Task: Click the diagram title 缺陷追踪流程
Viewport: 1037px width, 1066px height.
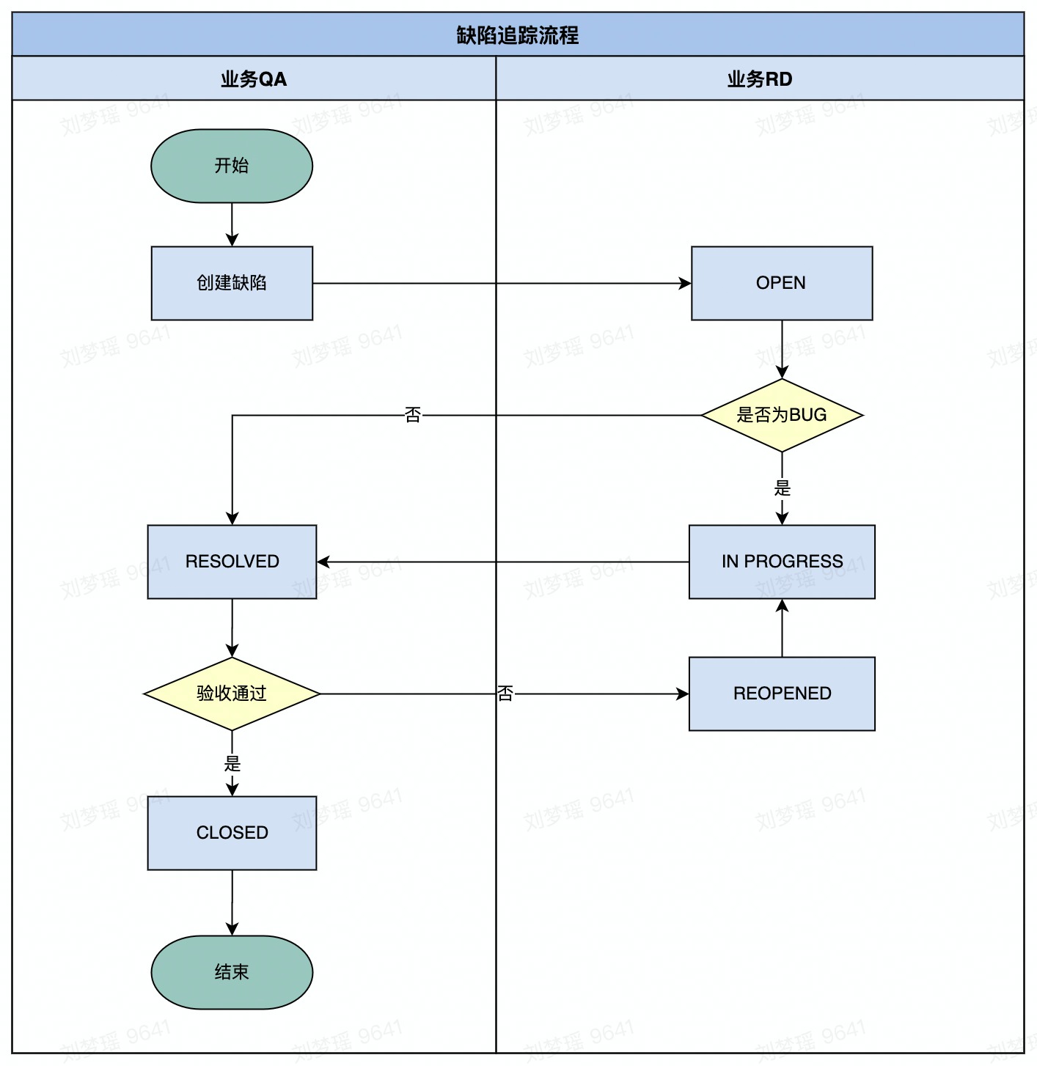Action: coord(518,35)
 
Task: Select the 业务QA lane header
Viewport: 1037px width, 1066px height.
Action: coord(254,78)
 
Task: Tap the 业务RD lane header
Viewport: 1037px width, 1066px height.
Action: coord(760,78)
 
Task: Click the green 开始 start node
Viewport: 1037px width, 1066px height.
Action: coord(232,166)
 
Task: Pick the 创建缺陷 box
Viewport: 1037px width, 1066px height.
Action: coord(232,283)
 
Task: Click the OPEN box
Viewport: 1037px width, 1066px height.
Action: coord(782,283)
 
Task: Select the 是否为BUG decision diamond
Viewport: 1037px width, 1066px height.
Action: coord(782,415)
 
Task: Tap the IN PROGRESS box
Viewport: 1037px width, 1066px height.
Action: coord(782,562)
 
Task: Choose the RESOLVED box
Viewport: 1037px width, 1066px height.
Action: coord(232,562)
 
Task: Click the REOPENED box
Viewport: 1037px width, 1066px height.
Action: coord(782,694)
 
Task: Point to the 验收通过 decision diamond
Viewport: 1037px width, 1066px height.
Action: coord(232,694)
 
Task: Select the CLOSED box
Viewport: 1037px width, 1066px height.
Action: coord(232,833)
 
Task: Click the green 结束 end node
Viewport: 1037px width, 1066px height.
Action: coord(232,972)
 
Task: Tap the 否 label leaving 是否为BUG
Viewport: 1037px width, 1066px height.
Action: coord(413,415)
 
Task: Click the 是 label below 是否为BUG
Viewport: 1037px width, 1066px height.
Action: coord(782,488)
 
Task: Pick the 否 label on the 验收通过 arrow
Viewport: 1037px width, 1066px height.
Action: coord(505,694)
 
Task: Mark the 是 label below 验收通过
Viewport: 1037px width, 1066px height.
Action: coord(232,764)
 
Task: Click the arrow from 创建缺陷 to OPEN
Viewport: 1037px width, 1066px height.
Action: coord(502,283)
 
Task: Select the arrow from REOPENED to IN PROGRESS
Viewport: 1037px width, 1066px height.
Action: coord(782,628)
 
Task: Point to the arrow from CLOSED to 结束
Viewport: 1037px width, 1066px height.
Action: coord(232,903)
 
